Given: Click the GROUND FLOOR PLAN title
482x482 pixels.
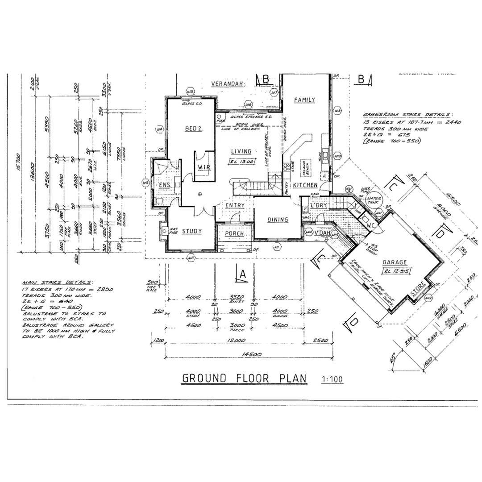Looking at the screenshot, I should point(244,378).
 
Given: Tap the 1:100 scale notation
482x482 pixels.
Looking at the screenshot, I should point(332,380).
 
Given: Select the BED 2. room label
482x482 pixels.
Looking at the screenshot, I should point(194,129).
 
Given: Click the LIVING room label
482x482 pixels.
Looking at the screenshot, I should point(241,151).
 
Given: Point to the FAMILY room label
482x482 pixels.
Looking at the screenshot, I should point(304,100).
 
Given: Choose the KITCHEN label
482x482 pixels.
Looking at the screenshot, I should point(305,185).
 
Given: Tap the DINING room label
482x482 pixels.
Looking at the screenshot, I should point(278,220).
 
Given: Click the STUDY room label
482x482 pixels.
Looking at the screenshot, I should point(191,231).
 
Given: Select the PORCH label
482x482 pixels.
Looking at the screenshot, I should point(234,233).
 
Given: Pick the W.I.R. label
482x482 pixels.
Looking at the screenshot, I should point(204,167).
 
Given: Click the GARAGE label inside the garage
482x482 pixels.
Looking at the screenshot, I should point(395,262).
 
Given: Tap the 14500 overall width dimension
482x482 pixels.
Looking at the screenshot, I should point(251,355).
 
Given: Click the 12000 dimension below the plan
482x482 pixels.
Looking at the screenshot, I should point(237,340).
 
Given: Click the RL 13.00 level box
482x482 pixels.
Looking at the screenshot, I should point(242,162).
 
